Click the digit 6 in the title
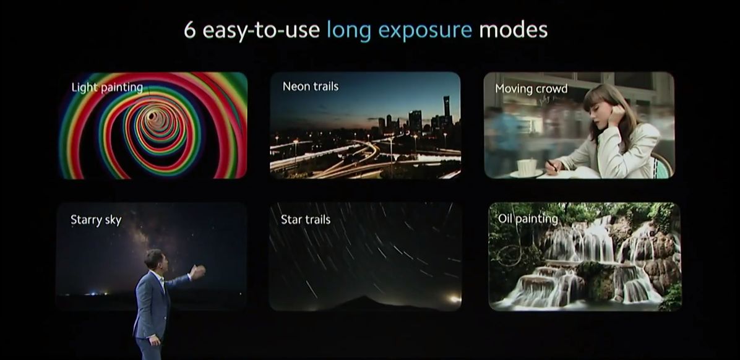tap(189, 30)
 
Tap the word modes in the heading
tap(514, 30)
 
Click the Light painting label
tap(107, 88)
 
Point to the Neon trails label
tap(311, 87)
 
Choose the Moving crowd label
tap(531, 89)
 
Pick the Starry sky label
tap(96, 220)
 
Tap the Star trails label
tap(306, 220)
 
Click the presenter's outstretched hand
tap(198, 271)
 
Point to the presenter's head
tap(154, 260)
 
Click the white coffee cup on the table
tap(527, 166)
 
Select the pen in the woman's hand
tap(551, 165)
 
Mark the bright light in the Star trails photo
tap(455, 298)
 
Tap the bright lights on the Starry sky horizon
tap(96, 294)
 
